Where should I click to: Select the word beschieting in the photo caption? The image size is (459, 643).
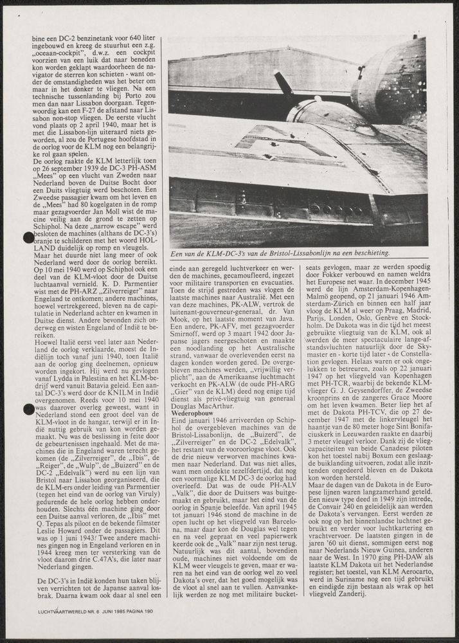tap(368, 253)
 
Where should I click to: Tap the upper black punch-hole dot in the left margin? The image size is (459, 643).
tap(28, 237)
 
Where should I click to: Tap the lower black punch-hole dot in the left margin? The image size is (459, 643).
tap(28, 409)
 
